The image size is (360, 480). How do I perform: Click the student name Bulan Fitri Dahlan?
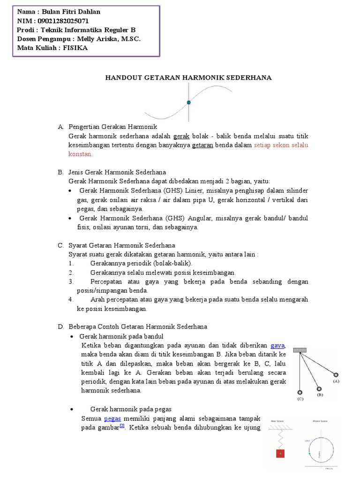(71, 12)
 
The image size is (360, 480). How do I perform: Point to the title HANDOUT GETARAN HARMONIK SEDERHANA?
(187, 77)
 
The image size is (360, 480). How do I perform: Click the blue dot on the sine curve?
(188, 102)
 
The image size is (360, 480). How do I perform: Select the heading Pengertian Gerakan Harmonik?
(112, 127)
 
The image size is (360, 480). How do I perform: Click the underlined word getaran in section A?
(202, 145)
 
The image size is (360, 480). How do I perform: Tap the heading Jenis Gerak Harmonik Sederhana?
(117, 172)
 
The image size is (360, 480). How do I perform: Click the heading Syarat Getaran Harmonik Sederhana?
(122, 245)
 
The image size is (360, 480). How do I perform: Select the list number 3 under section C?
(71, 282)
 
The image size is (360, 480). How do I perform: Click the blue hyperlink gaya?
(278, 345)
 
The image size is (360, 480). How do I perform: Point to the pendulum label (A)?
(336, 382)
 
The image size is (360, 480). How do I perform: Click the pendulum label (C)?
(300, 399)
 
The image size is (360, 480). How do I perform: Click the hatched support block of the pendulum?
(300, 350)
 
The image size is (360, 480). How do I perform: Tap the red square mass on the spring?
(280, 453)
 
